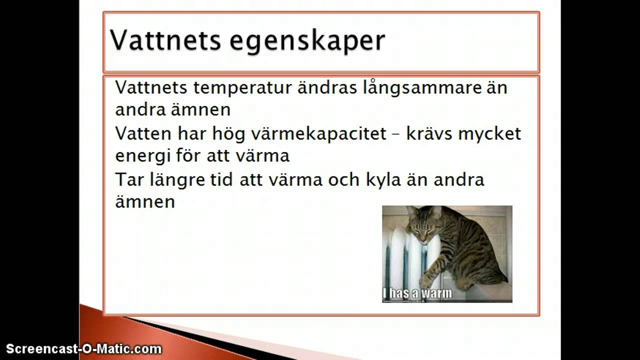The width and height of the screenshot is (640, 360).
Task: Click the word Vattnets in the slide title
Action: pyautogui.click(x=165, y=40)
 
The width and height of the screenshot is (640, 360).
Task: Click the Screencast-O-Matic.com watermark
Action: pyautogui.click(x=83, y=349)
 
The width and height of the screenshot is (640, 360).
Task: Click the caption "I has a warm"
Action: pyautogui.click(x=417, y=293)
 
